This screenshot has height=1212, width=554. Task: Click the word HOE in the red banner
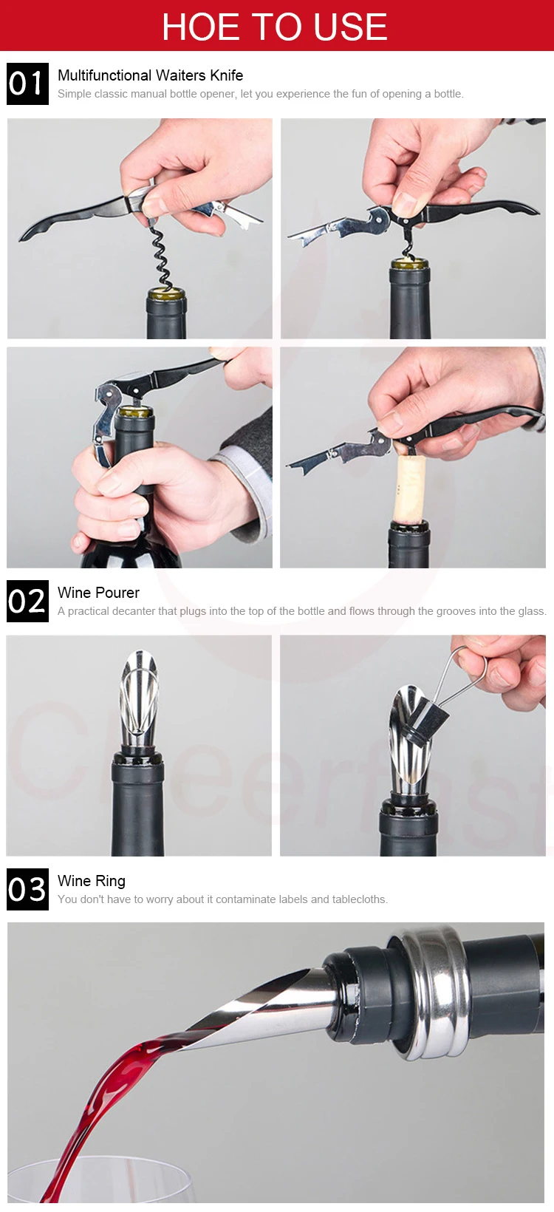click(x=201, y=27)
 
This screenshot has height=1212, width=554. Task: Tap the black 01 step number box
click(x=27, y=84)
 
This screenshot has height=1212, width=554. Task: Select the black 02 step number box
click(x=27, y=601)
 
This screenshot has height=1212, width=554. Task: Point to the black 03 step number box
click(x=27, y=890)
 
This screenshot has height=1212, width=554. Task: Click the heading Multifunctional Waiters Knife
click(x=151, y=75)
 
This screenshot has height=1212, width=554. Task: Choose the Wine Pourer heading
click(x=98, y=593)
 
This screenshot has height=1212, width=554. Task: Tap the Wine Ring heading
click(x=92, y=882)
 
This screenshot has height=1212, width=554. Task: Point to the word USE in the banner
click(x=351, y=27)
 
